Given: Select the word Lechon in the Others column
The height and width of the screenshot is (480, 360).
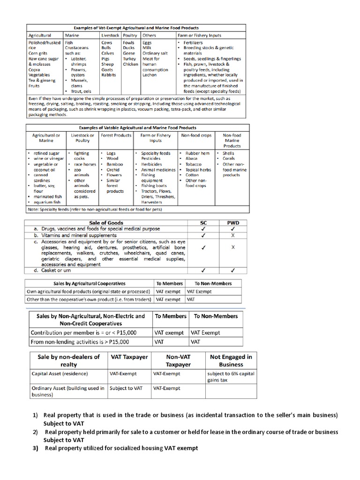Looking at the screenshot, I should [150, 75].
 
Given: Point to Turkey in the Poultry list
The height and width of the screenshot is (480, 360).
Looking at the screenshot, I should [129, 59].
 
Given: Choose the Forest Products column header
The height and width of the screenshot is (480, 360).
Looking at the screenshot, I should [116, 135].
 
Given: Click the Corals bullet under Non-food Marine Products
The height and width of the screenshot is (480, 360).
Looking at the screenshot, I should [229, 159].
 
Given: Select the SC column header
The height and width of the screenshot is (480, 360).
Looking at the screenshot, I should [203, 223].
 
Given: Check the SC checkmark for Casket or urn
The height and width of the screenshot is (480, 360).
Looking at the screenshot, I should [203, 270].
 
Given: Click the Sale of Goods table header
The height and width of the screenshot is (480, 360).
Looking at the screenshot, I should [106, 223].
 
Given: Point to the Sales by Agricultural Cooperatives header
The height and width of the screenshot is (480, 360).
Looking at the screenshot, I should [89, 284].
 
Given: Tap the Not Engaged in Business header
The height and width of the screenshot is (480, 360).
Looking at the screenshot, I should [231, 360].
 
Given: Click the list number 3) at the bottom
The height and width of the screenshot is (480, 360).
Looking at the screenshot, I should [35, 448].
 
